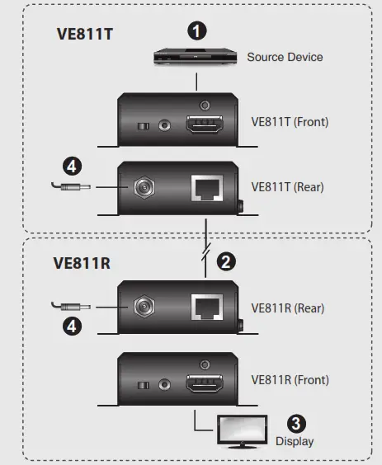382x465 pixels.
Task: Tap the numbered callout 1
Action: pos(196,31)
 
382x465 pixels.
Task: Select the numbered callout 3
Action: pos(300,421)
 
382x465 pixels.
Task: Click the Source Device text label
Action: pos(285,57)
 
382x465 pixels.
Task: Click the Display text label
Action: pos(295,441)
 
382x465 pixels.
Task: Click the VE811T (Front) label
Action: pos(290,122)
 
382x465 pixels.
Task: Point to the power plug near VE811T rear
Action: pos(70,188)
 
